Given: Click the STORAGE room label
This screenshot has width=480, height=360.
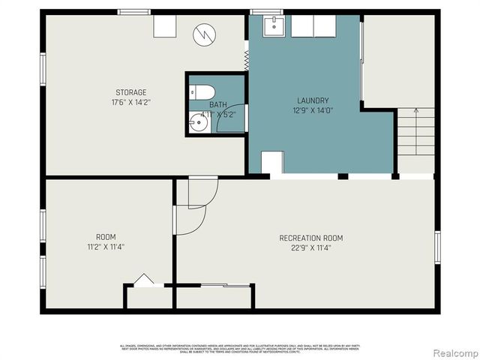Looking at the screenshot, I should coord(125,93).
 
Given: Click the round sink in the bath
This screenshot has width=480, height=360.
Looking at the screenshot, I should coord(199,124).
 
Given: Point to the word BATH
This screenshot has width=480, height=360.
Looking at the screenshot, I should coord(217,105).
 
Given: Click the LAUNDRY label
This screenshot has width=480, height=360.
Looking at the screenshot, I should coord(313,100).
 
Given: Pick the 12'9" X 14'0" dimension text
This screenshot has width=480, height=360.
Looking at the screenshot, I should coord(313,110).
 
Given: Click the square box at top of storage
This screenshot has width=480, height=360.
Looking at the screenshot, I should coord(164,26).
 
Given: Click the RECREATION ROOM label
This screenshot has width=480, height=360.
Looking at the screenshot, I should coord(311,238).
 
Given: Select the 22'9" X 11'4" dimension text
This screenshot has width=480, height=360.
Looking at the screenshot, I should coord(311,248).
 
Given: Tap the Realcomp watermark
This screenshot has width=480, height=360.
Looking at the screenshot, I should coord(453,352).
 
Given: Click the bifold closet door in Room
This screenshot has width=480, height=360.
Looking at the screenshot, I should coord(143,280).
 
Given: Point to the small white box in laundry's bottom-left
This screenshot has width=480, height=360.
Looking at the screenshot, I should coord(272,163).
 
